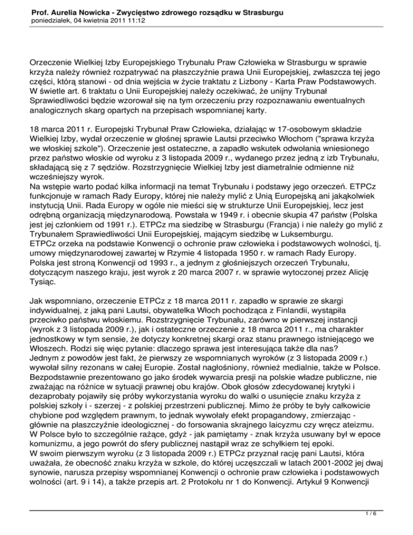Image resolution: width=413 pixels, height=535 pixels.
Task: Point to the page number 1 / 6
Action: [x=389, y=521]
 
